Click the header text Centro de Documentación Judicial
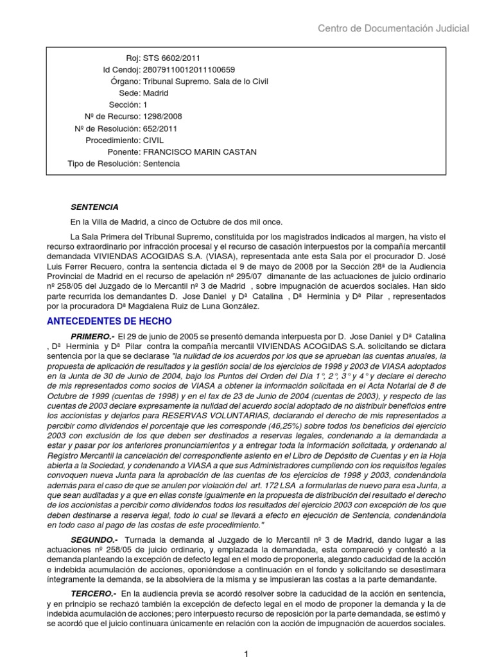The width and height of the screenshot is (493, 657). pos(394,28)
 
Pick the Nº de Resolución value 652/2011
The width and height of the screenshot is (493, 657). pos(160,128)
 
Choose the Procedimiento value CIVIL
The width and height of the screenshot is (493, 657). pos(154,140)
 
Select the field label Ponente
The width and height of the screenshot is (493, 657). pos(124,151)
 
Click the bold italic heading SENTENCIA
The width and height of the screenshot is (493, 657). pos(94,207)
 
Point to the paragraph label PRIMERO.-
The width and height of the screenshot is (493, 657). pos(92,337)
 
